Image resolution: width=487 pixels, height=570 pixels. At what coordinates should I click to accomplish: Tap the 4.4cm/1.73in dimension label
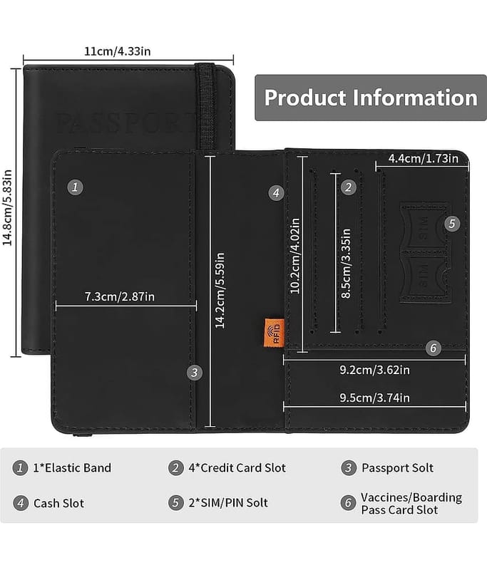click(423, 158)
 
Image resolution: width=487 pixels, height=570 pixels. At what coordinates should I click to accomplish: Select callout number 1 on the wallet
click(76, 187)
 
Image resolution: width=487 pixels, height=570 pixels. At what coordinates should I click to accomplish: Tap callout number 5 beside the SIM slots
click(451, 223)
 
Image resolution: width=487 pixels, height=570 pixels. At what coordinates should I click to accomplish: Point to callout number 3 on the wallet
click(195, 372)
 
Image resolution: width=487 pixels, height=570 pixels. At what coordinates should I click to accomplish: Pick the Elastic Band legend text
click(72, 468)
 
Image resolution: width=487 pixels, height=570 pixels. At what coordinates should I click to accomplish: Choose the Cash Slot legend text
click(58, 503)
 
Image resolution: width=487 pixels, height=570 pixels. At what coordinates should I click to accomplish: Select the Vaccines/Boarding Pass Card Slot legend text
click(411, 503)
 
